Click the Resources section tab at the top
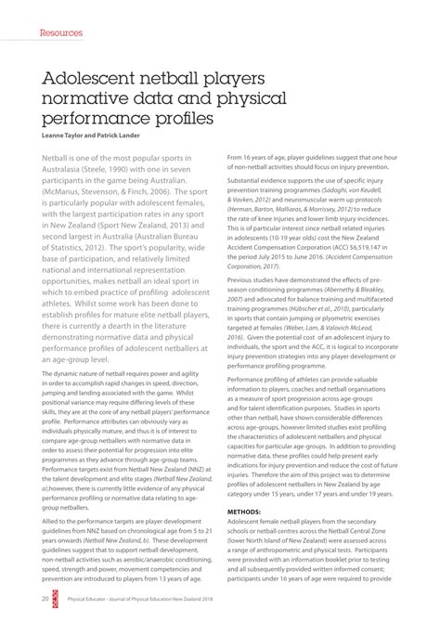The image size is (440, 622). click(x=61, y=32)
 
